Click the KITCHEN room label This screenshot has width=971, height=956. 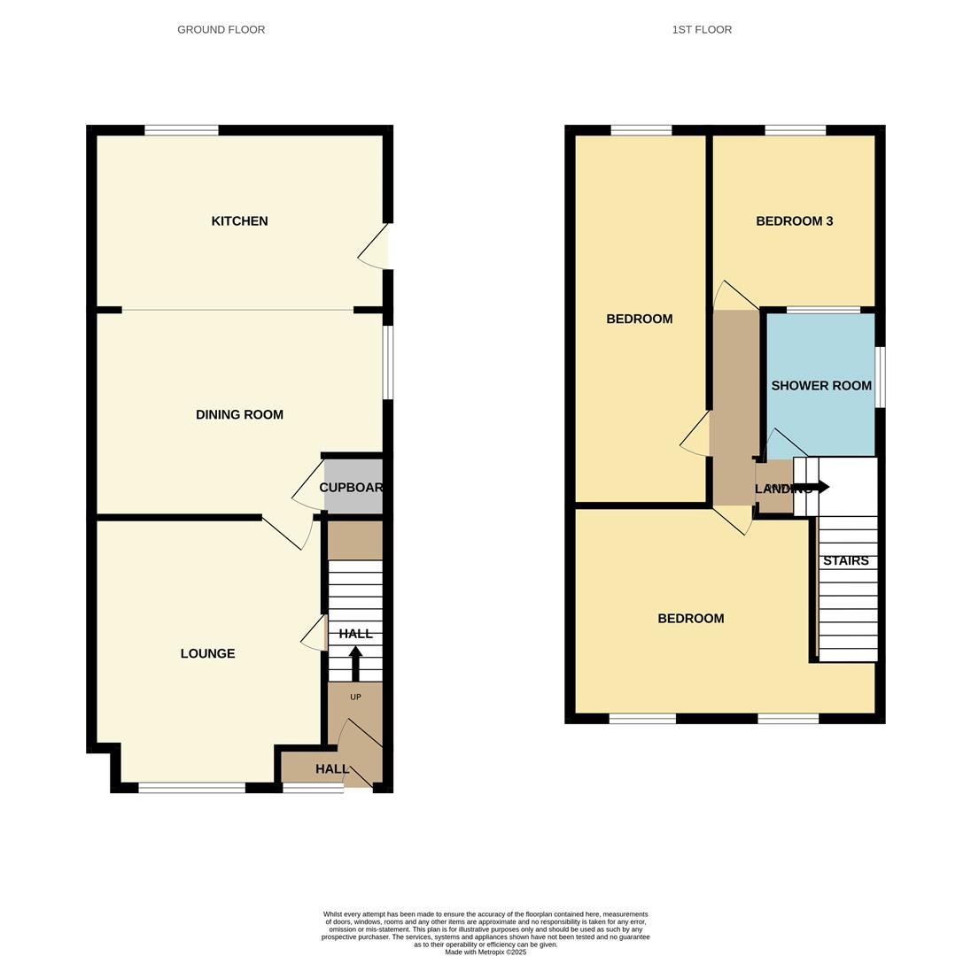pos(239,221)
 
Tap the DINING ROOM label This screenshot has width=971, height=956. pos(239,414)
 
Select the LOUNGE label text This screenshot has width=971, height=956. pos(207,654)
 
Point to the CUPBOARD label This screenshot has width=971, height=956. pos(351,488)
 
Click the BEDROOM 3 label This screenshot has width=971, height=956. pos(794,221)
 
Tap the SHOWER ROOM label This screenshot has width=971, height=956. pos(821,386)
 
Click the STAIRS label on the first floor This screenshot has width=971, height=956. pos(846,561)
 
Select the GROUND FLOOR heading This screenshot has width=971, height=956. pos(221,30)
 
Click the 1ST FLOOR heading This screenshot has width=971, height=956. pos(702,30)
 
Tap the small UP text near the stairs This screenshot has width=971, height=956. pos(355,698)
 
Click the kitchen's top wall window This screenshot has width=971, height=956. pos(182,131)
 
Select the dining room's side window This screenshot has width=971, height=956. pos(388,363)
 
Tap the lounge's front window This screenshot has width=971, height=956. pos(191,788)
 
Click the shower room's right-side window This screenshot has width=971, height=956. pos(880,377)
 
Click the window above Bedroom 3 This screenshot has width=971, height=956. pos(795,131)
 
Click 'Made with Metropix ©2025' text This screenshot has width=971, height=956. pos(485,952)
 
